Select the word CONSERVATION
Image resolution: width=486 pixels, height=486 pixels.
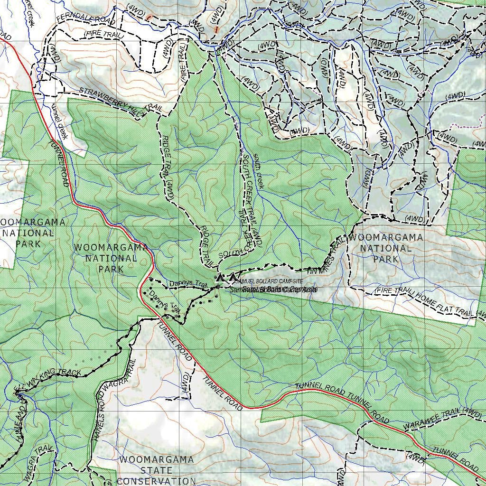[x=156, y=481]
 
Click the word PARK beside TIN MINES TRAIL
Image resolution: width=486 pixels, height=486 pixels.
[x=385, y=260]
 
